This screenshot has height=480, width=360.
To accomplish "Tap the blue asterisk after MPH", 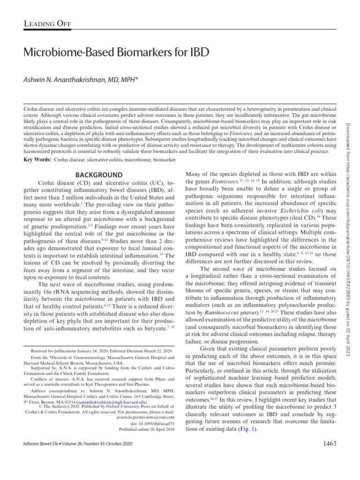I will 136,80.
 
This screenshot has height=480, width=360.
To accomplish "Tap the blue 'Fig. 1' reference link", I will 247,429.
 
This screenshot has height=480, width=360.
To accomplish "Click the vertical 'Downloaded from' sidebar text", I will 347,187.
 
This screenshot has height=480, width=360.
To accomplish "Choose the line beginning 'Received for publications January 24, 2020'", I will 102,351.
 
